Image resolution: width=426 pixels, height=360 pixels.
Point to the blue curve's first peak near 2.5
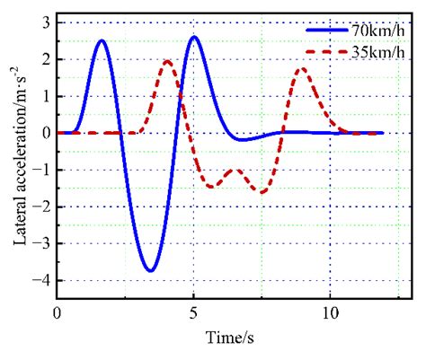click(102, 40)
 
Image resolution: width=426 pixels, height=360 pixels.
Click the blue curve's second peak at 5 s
click(194, 37)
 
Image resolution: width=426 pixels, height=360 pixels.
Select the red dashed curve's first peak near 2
click(167, 61)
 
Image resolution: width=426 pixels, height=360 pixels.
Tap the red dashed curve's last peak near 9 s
click(302, 69)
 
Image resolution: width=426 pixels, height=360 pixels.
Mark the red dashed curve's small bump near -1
click(235, 170)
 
